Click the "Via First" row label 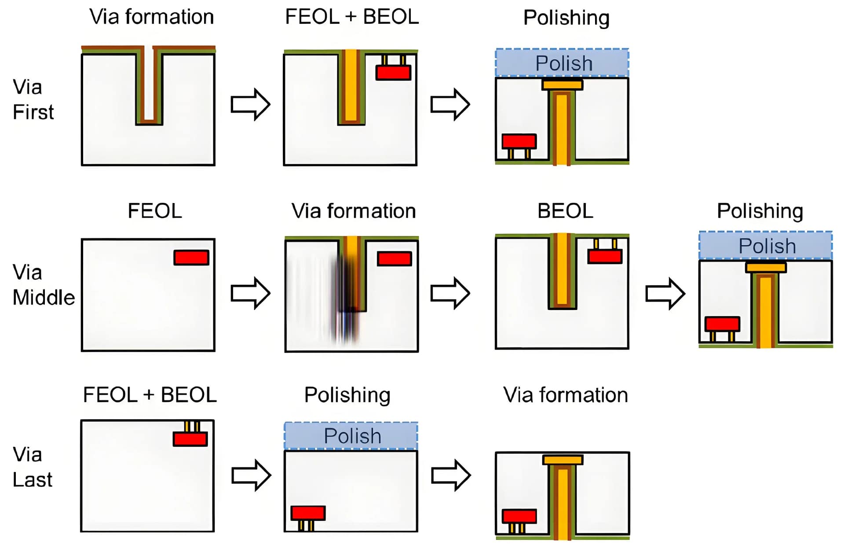[33, 100]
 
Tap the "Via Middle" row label [43, 285]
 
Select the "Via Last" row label [32, 467]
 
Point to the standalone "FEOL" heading [154, 211]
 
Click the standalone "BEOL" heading [565, 211]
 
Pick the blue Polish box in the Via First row [562, 63]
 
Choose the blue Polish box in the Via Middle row [766, 245]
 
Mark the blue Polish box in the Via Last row [351, 436]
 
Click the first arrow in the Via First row [250, 105]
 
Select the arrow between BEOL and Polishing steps [665, 293]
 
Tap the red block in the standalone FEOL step [191, 258]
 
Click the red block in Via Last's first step [190, 439]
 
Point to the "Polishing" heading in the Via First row [566, 18]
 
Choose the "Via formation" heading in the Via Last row [566, 395]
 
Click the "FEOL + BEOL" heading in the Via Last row [150, 395]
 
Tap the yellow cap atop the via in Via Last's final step [563, 460]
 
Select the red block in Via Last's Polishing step [308, 513]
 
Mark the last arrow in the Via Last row [451, 475]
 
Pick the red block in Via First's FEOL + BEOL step [393, 73]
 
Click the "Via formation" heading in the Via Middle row [353, 211]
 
